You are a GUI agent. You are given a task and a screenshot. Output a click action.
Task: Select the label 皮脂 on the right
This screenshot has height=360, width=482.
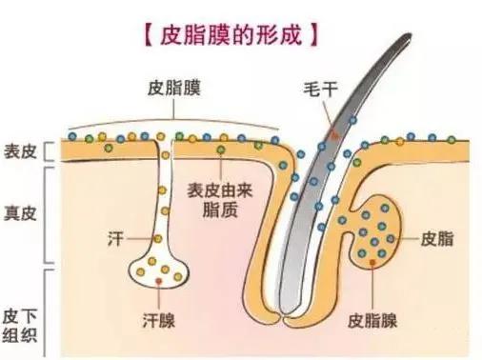432,234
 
